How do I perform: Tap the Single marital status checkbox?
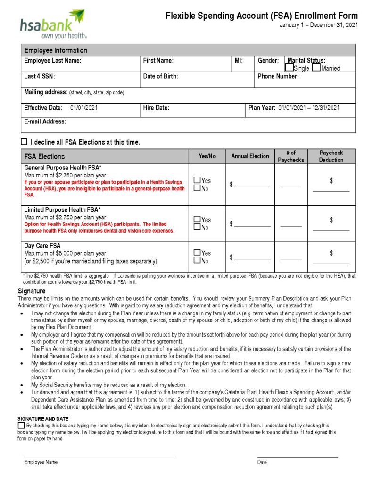coord(290,68)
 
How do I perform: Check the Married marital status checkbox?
coord(316,68)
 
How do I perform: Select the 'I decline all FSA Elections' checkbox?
coord(24,142)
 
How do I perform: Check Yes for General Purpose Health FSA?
coord(198,180)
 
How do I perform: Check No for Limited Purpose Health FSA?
coord(198,228)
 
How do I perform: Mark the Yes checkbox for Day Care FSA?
coord(198,253)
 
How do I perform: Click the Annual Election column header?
coord(250,156)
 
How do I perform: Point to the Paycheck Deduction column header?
coord(331,156)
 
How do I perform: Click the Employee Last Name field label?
coord(53,61)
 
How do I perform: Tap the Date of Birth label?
coord(160,76)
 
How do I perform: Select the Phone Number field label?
coord(278,76)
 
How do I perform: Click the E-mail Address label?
coord(45,121)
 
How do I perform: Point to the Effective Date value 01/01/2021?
coord(84,108)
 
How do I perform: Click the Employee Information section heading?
coord(56,50)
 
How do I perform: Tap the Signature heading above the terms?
coord(32,291)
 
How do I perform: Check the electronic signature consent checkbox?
coord(21,426)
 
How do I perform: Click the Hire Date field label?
coord(156,108)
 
